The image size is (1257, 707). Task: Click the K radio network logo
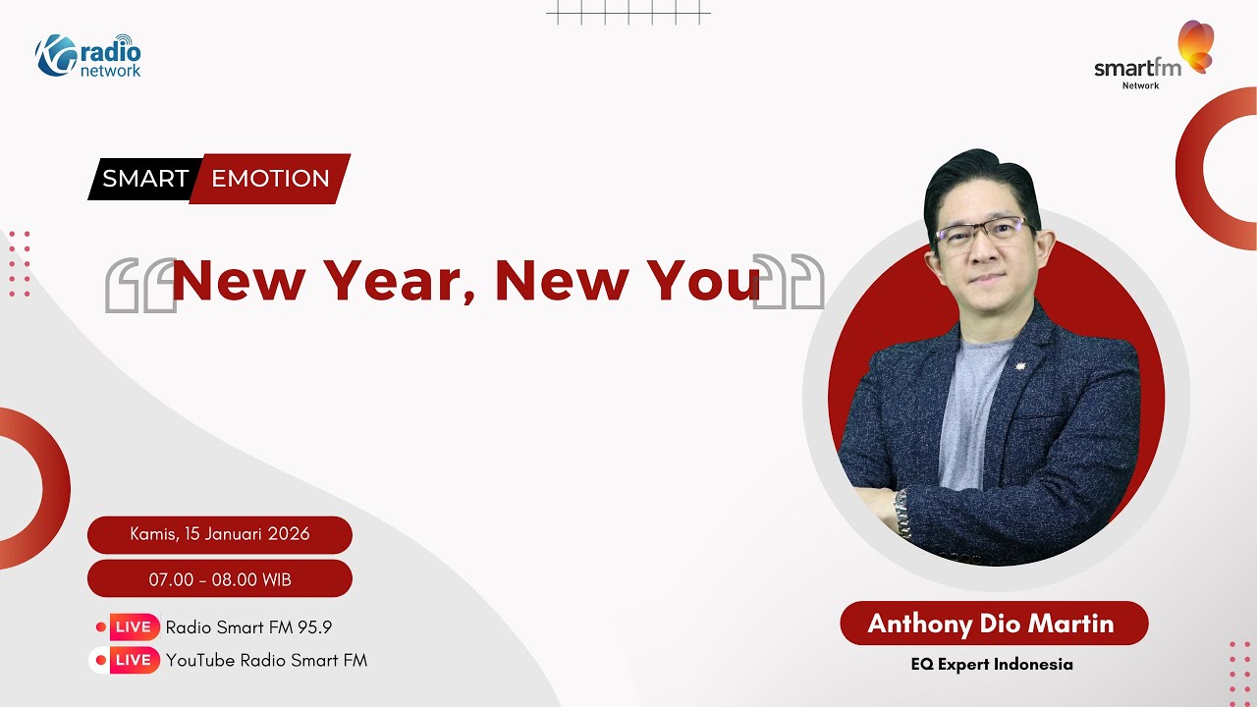[x=89, y=55]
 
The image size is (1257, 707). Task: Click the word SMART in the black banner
[x=145, y=179]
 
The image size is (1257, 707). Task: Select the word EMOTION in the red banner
[x=270, y=179]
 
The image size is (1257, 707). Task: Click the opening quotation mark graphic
[x=139, y=286]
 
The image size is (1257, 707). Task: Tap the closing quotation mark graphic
[x=789, y=283]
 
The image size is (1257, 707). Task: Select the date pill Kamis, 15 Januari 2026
[x=220, y=535]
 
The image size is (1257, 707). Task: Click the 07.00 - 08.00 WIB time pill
[x=220, y=579]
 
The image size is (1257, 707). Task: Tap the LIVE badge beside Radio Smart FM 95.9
[x=133, y=627]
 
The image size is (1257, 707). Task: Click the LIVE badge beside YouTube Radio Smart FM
[x=133, y=661]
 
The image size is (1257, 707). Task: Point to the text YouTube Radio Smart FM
[x=266, y=661]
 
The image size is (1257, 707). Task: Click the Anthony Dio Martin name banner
[x=993, y=624]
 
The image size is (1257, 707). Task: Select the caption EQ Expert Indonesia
[x=992, y=665]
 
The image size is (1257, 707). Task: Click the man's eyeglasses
[x=981, y=233]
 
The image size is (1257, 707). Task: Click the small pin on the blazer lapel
[x=1016, y=370]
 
